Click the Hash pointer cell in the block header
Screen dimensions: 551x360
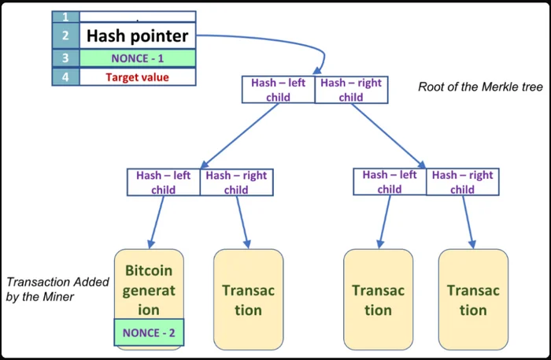[x=138, y=35]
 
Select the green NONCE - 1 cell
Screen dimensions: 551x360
[x=138, y=58]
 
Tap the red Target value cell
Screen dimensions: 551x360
[x=138, y=77]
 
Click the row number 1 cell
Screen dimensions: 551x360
[x=65, y=17]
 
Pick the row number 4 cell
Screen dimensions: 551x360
[x=65, y=77]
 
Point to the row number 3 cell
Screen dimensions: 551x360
[x=65, y=58]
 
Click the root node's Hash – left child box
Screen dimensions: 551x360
[x=279, y=90]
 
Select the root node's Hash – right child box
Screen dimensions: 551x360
[x=351, y=90]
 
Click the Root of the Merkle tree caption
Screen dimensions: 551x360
[x=480, y=87]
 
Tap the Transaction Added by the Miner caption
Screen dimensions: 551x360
[x=57, y=289]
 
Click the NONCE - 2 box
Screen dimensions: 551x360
[x=149, y=332]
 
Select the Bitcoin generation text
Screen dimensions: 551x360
[x=149, y=291]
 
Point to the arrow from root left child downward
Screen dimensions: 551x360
[x=239, y=135]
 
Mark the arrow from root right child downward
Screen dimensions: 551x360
[x=389, y=135]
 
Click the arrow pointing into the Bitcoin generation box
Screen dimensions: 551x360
[x=157, y=222]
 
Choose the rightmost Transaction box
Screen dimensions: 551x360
[x=473, y=299]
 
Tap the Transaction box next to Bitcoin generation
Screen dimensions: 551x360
[x=249, y=299]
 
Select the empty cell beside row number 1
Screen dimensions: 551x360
[x=138, y=17]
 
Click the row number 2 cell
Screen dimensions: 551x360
[x=65, y=35]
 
